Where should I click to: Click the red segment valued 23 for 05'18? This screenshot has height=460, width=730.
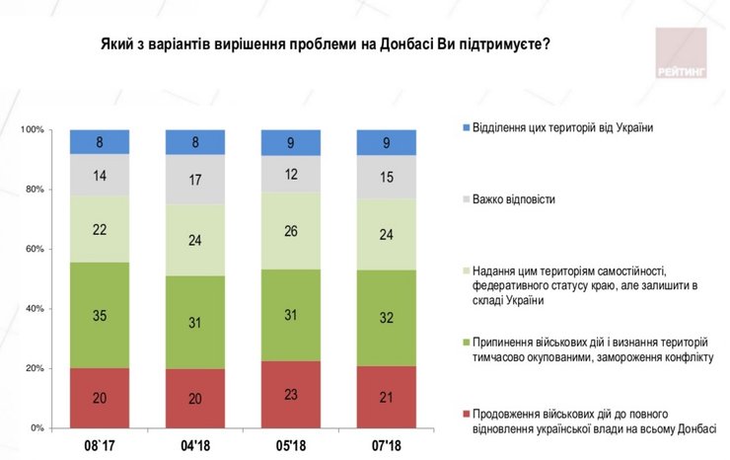pyautogui.click(x=291, y=395)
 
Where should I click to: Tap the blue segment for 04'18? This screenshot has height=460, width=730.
pyautogui.click(x=195, y=142)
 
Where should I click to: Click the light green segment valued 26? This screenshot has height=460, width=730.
pyautogui.click(x=291, y=231)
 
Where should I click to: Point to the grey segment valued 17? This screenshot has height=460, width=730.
pyautogui.click(x=195, y=181)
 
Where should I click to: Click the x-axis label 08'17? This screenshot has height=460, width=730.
pyautogui.click(x=100, y=446)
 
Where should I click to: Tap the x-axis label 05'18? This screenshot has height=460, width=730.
pyautogui.click(x=291, y=446)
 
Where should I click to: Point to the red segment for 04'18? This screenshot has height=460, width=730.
pyautogui.click(x=195, y=399)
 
